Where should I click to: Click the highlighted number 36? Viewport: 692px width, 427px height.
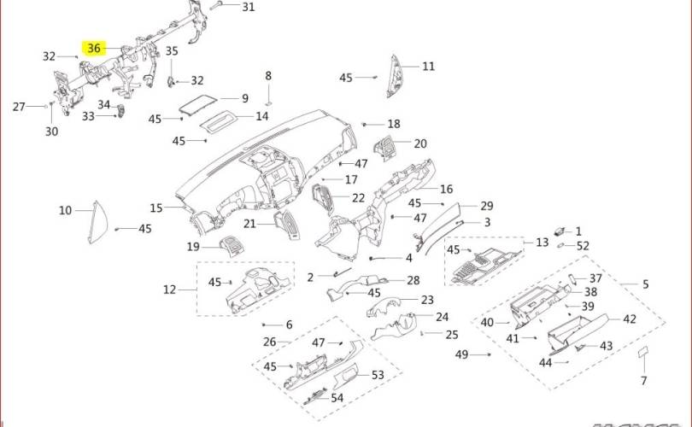pyautogui.click(x=94, y=49)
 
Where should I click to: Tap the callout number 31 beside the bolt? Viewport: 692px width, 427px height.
pyautogui.click(x=248, y=7)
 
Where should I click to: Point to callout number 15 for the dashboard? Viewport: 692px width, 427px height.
pyautogui.click(x=155, y=208)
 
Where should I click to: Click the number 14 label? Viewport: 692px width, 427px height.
pyautogui.click(x=262, y=116)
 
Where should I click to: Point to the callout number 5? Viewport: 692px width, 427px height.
pyautogui.click(x=646, y=284)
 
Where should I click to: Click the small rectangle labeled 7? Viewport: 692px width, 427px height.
pyautogui.click(x=643, y=352)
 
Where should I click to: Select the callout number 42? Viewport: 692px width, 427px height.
pyautogui.click(x=630, y=319)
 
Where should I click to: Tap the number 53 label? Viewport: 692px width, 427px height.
pyautogui.click(x=378, y=375)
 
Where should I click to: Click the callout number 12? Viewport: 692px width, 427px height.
pyautogui.click(x=169, y=290)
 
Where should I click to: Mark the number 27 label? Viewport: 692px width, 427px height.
pyautogui.click(x=19, y=107)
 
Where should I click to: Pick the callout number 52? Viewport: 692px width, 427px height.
pyautogui.click(x=583, y=246)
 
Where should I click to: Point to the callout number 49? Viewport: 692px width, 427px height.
pyautogui.click(x=461, y=354)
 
